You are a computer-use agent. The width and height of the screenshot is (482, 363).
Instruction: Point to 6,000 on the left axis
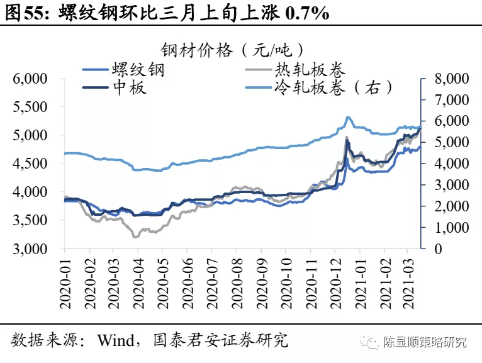click(x=31, y=79)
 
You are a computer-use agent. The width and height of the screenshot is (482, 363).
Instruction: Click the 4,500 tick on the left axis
click(x=31, y=164)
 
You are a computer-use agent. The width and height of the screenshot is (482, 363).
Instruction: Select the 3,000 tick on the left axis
click(x=31, y=249)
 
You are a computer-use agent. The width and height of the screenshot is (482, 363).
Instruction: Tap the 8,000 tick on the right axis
click(x=447, y=79)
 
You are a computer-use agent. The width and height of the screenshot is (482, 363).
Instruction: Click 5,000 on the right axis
click(x=447, y=142)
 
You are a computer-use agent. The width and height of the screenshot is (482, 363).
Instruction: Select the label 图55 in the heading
click(x=23, y=13)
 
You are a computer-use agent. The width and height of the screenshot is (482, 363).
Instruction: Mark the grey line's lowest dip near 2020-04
click(x=135, y=237)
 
